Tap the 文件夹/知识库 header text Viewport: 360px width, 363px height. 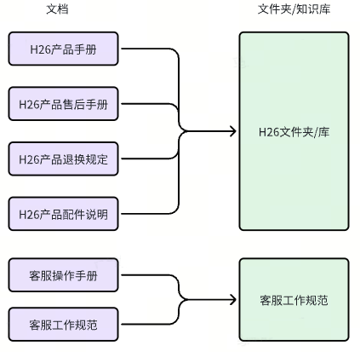[x=294, y=9]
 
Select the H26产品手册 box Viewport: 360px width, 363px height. [x=63, y=50]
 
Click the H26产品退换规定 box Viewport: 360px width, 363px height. [x=63, y=158]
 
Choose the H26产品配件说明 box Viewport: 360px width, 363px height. [x=63, y=214]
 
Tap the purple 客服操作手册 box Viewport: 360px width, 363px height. [x=63, y=275]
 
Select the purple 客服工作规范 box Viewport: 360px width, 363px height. [x=63, y=325]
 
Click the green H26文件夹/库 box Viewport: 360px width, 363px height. [x=294, y=131]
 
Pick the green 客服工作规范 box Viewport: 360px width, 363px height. [x=294, y=300]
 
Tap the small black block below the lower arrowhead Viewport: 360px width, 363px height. [x=232, y=342]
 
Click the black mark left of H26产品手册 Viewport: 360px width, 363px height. [x=3, y=49]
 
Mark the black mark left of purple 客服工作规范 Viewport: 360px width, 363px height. [x=3, y=325]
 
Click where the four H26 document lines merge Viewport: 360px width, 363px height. [x=181, y=131]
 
